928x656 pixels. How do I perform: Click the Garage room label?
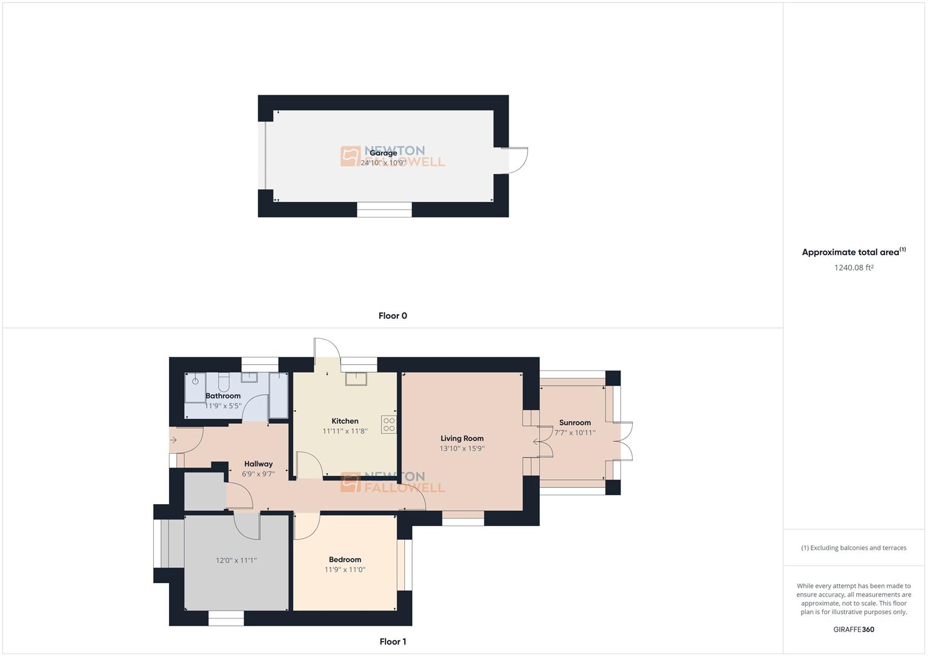[x=383, y=153]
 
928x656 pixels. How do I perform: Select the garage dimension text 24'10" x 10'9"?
[x=383, y=163]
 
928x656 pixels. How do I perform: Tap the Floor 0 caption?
[x=393, y=316]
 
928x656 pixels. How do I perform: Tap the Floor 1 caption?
[x=393, y=641]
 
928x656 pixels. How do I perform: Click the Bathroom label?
[x=223, y=396]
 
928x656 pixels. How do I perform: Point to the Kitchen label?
[x=345, y=421]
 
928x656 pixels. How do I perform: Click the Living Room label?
[x=462, y=438]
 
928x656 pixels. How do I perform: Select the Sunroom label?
[x=574, y=423]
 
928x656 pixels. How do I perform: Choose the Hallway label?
[x=258, y=464]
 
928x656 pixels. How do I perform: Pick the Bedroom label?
[x=345, y=559]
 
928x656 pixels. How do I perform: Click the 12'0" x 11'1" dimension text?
[x=236, y=561]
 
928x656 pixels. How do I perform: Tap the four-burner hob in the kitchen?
[x=388, y=425]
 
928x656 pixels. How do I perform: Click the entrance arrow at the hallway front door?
[x=173, y=440]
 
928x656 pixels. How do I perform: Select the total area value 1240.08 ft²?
[x=853, y=267]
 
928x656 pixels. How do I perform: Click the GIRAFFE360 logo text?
[x=853, y=629]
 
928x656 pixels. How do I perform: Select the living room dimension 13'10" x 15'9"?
[x=462, y=449]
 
